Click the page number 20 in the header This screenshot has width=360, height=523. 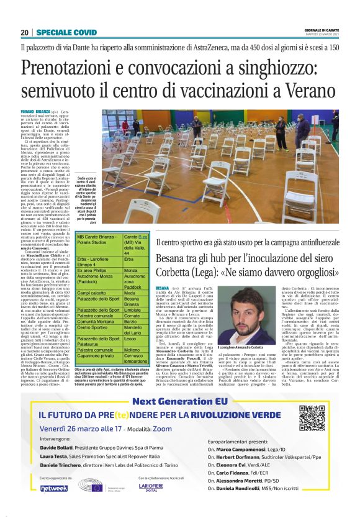click(24, 32)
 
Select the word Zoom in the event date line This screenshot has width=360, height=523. click(162, 429)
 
